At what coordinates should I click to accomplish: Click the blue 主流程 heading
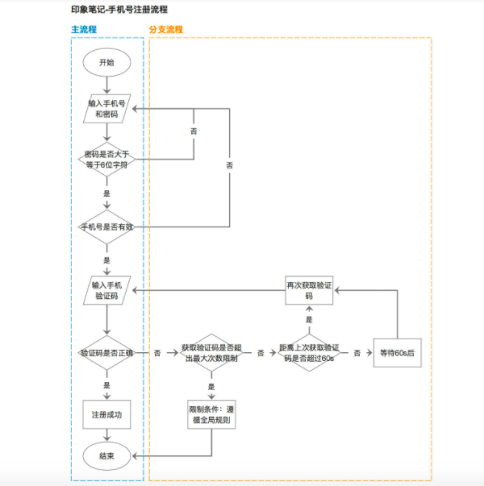[x=83, y=29]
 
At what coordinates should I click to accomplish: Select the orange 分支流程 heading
[x=165, y=29]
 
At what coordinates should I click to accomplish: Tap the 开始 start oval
[x=106, y=62]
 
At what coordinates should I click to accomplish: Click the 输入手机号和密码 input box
[x=106, y=109]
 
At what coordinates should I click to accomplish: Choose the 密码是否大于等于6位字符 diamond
[x=106, y=158]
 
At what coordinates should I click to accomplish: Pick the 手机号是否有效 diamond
[x=106, y=227]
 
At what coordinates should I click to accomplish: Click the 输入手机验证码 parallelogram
[x=106, y=290]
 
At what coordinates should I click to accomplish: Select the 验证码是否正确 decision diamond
[x=106, y=353]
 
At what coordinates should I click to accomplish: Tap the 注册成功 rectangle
[x=106, y=414]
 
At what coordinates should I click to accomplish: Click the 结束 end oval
[x=106, y=456]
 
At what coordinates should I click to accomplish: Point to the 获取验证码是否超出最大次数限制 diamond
[x=211, y=353]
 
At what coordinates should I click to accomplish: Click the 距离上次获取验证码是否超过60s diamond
[x=307, y=353]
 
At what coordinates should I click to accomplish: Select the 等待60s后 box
[x=396, y=353]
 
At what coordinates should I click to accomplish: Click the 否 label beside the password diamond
[x=193, y=131]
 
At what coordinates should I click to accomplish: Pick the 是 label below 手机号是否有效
[x=106, y=260]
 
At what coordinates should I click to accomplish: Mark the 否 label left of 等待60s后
[x=356, y=353]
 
